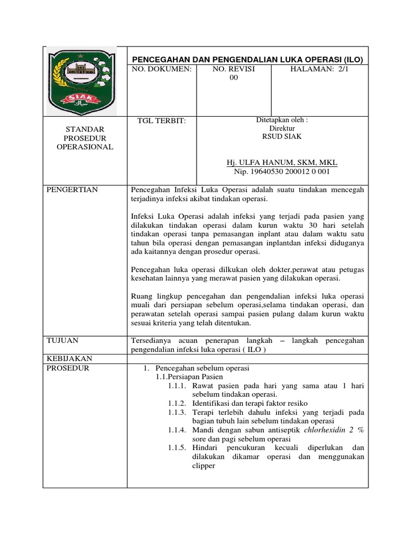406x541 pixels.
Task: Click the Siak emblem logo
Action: (85, 80)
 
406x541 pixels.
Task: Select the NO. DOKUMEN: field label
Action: (161, 69)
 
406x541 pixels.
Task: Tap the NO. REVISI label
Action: (233, 69)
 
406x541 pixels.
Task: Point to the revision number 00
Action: (233, 78)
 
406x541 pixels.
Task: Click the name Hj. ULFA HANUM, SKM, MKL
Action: (281, 162)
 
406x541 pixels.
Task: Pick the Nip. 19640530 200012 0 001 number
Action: (281, 172)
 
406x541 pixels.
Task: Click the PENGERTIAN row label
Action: (72, 190)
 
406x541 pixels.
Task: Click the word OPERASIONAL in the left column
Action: (85, 147)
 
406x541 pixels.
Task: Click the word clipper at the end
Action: (204, 466)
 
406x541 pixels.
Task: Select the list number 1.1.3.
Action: (178, 412)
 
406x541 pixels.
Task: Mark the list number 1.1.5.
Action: (178, 448)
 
